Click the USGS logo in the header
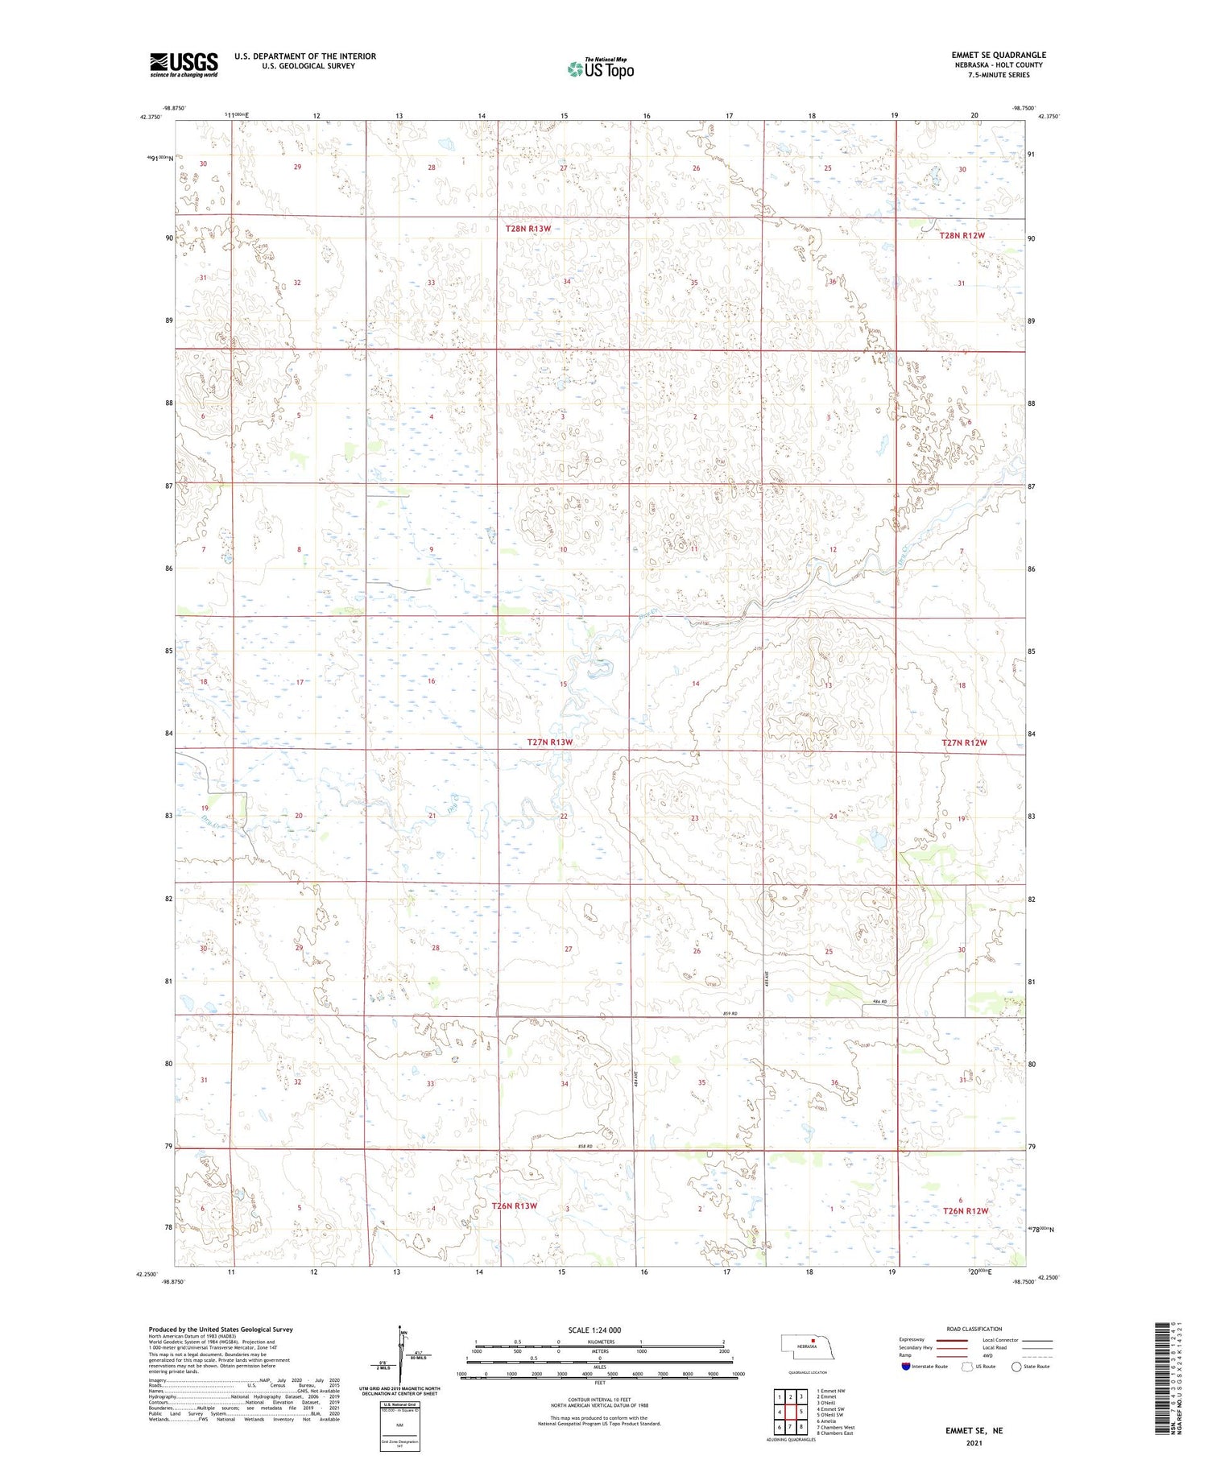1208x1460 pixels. [184, 64]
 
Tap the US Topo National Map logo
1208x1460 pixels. [600, 68]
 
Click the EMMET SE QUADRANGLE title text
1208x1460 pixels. [998, 55]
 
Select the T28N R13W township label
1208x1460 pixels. [528, 229]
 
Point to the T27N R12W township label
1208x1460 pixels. [964, 742]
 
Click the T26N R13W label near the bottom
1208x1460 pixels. [514, 1206]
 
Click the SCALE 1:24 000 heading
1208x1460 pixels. [595, 1330]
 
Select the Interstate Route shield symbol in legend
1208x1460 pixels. [906, 1366]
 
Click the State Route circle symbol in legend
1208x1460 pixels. [1016, 1366]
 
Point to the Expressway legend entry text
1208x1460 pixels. [912, 1340]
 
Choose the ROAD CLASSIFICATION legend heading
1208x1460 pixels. [974, 1329]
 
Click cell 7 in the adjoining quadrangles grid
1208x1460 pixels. [791, 1426]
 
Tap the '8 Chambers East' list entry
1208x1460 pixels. [835, 1433]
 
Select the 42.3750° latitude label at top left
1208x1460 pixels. [150, 117]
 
